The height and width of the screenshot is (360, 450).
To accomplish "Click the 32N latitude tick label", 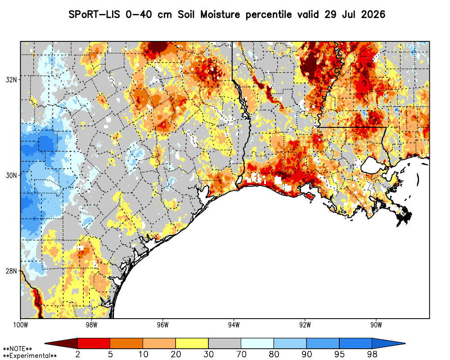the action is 11,80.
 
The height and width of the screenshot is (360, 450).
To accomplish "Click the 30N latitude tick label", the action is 11,175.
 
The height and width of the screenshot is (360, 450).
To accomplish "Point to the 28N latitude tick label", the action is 11,271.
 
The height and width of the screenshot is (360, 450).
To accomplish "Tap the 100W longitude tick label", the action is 20,325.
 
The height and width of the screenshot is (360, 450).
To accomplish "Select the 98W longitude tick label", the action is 91,325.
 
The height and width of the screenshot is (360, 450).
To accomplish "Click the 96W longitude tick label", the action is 163,325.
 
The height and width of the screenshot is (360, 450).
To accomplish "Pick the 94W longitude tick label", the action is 234,325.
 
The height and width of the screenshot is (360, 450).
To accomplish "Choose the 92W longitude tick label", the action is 305,325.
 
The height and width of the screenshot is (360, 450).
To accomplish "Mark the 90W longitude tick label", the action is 376,325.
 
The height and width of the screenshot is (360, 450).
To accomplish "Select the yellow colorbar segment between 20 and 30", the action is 192,343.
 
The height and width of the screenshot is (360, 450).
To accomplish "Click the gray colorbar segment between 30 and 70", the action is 225,343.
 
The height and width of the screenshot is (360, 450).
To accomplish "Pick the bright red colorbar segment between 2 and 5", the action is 94,343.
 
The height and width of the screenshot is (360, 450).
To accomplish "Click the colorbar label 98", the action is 372,354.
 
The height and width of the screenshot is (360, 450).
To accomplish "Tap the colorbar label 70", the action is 241,354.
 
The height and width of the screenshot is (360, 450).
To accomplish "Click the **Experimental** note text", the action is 30,355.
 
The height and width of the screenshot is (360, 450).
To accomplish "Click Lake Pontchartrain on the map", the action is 373,165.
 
